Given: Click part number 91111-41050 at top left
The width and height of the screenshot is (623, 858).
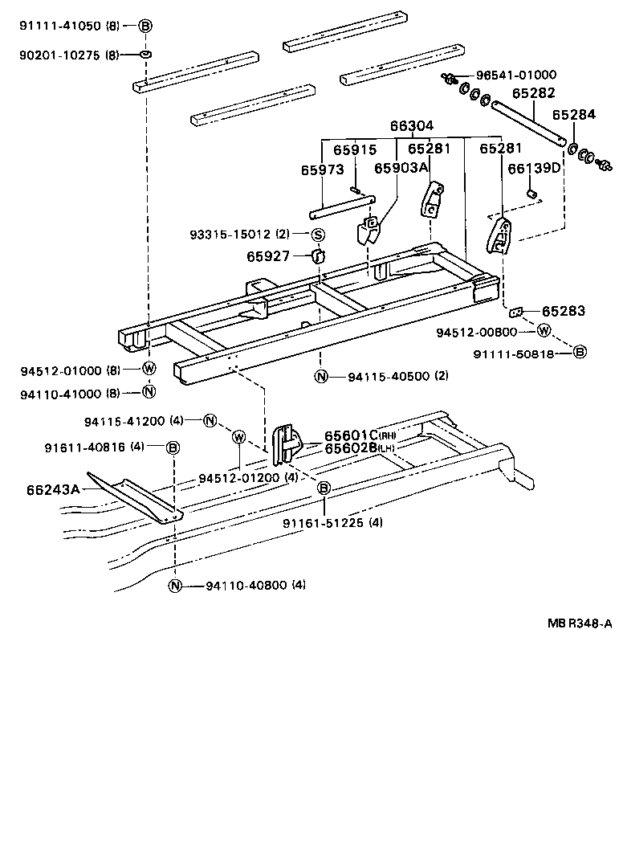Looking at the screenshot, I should [60, 26].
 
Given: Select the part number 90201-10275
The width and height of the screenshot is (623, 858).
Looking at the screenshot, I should [60, 55].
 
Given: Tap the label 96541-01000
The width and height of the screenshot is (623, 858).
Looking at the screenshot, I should [515, 75].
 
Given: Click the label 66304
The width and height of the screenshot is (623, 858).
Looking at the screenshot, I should [412, 126].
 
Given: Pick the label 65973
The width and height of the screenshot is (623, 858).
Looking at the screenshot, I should [322, 170].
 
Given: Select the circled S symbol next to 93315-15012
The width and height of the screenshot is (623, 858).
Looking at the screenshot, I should [317, 235].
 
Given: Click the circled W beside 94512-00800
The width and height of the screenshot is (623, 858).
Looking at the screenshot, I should [544, 331].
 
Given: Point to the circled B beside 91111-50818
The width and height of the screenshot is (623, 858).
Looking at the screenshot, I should [580, 352].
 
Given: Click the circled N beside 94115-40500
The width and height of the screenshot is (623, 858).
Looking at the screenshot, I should [321, 377].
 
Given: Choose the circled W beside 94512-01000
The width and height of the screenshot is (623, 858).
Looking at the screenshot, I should [149, 370].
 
